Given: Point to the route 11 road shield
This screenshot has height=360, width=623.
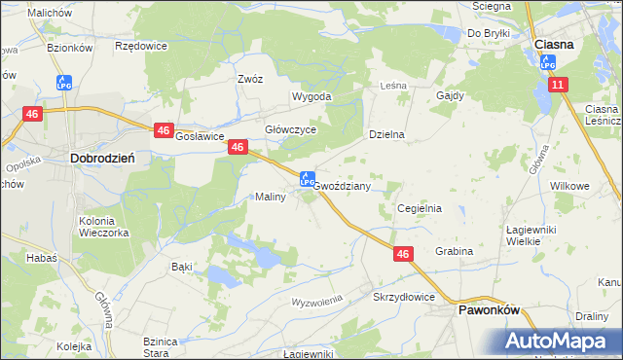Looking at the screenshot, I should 556,86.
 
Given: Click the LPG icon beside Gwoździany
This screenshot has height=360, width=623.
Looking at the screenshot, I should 306,180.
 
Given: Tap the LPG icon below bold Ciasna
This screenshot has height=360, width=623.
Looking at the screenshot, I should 548,62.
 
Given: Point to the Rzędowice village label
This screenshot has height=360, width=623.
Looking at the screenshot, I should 140,46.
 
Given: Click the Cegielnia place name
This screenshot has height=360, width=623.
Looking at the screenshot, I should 420,208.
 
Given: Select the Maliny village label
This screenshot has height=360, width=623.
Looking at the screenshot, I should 270,197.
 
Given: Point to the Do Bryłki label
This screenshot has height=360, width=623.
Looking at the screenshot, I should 489,33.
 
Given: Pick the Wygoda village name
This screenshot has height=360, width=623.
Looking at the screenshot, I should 312,97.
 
